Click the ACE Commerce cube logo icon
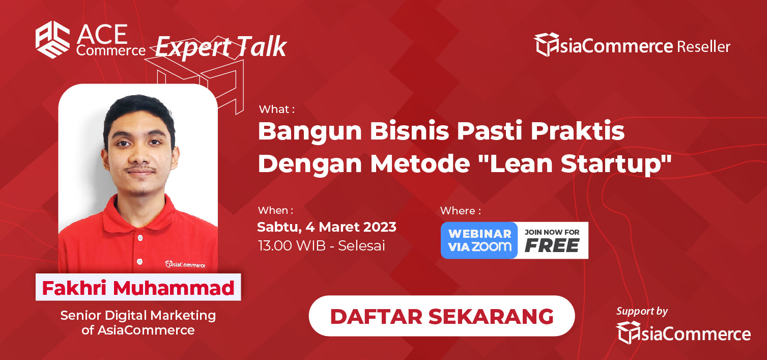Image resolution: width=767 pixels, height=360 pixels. (x=52, y=39)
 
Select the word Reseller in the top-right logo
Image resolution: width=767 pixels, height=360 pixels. (x=704, y=46)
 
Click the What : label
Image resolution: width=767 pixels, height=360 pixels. (x=277, y=109)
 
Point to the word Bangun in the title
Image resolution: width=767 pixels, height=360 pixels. (x=310, y=132)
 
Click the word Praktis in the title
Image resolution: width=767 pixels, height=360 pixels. (x=577, y=131)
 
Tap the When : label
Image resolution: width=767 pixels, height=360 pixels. (x=275, y=210)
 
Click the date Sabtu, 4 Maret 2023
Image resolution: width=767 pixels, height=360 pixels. (x=327, y=227)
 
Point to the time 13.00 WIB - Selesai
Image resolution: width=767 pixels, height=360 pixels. (x=322, y=245)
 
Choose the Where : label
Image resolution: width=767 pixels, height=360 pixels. (x=460, y=210)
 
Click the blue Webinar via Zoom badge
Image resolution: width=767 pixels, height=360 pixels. (x=479, y=240)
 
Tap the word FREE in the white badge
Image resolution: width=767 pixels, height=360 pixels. (x=552, y=245)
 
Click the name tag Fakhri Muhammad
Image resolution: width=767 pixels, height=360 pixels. (x=138, y=287)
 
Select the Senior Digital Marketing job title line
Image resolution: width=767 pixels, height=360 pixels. (x=138, y=316)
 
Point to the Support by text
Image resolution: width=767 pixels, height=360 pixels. (x=642, y=311)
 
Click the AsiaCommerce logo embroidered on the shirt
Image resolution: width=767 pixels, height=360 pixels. (x=185, y=264)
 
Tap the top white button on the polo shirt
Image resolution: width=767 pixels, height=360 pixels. (x=140, y=237)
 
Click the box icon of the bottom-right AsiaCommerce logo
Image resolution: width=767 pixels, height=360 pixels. (x=629, y=333)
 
